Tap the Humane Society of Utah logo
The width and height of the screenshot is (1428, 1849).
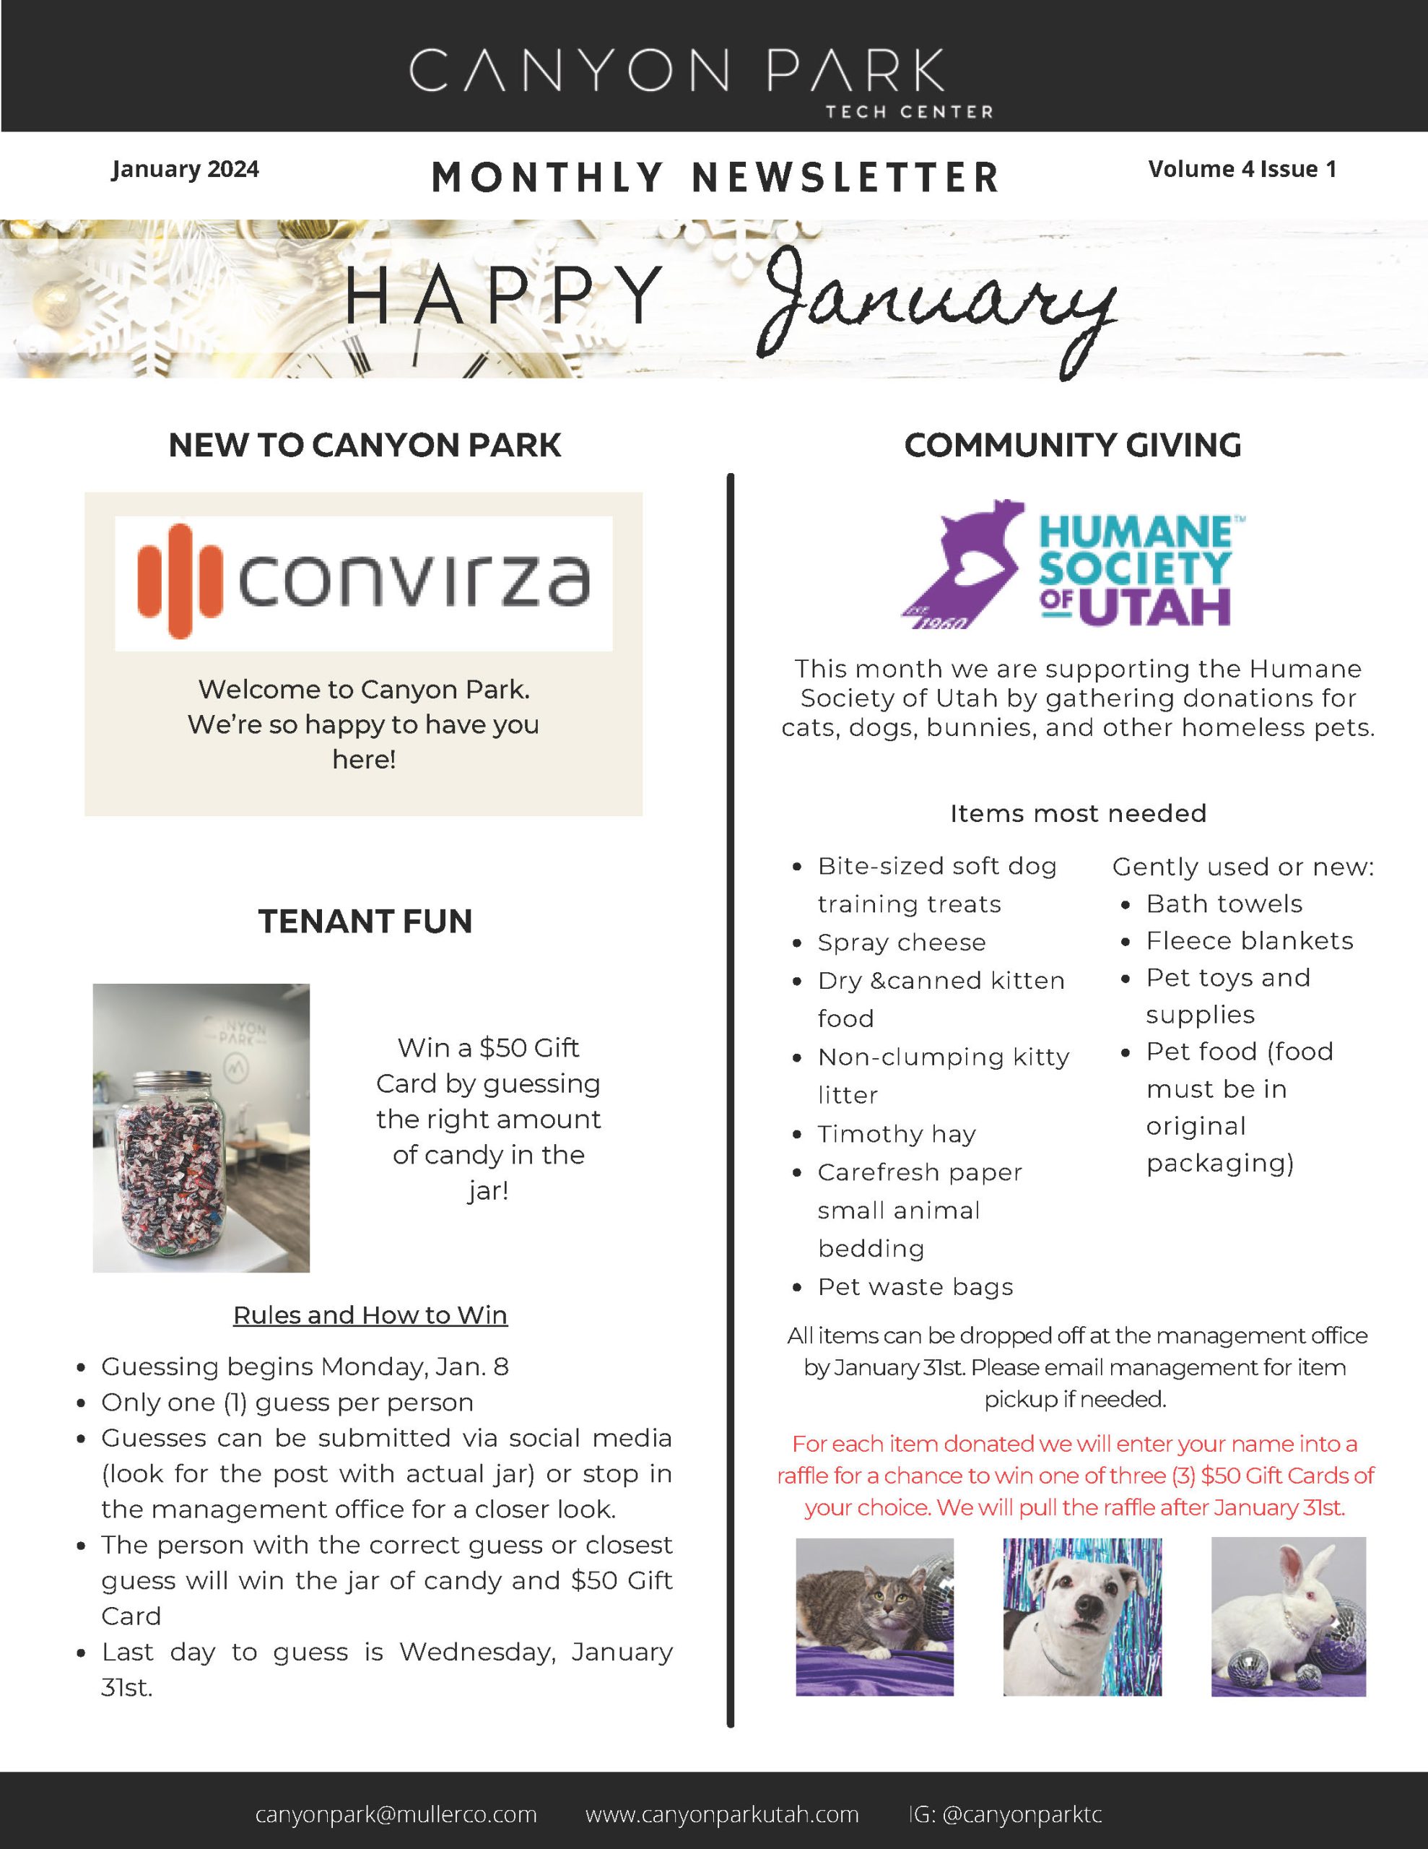pyautogui.click(x=1073, y=565)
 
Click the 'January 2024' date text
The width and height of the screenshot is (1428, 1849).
pyautogui.click(x=185, y=169)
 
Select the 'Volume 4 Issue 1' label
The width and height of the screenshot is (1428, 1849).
pyautogui.click(x=1242, y=169)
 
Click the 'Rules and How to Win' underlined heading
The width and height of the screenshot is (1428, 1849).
pyautogui.click(x=370, y=1315)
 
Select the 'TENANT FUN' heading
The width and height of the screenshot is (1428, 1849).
pyautogui.click(x=365, y=921)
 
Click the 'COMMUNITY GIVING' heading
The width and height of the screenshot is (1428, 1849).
pyautogui.click(x=1073, y=446)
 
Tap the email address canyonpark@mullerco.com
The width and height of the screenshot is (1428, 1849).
pyautogui.click(x=396, y=1814)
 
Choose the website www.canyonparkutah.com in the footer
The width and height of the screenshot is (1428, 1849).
pyautogui.click(x=721, y=1814)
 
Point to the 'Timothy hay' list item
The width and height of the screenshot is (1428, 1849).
pyautogui.click(x=897, y=1134)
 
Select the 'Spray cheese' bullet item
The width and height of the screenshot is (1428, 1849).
pyautogui.click(x=901, y=943)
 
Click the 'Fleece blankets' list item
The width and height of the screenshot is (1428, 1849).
pyautogui.click(x=1248, y=940)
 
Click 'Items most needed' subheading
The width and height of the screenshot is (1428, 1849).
pyautogui.click(x=1078, y=813)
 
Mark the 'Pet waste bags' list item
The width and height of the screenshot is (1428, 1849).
pyautogui.click(x=914, y=1287)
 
